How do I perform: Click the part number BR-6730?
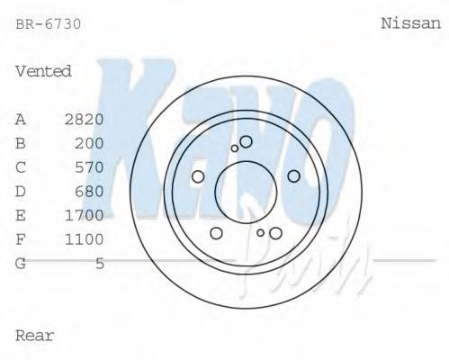[x=49, y=24]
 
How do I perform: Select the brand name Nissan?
[x=411, y=24]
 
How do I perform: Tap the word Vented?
[x=43, y=71]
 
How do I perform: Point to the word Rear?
[x=35, y=336]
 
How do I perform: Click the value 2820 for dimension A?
[x=85, y=119]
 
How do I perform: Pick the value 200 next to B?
[x=90, y=143]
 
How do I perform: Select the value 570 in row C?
[x=90, y=167]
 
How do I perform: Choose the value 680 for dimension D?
[x=90, y=191]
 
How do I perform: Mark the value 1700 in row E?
[x=85, y=215]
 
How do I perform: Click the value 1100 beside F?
[x=85, y=239]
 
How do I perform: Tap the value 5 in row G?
[x=100, y=264]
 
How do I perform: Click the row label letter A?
[x=21, y=119]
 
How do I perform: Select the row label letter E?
[x=21, y=215]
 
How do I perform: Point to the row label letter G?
[x=21, y=264]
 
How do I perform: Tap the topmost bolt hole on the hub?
[x=246, y=141]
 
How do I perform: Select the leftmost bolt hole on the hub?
[x=198, y=176]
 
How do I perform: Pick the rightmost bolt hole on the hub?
[x=293, y=176]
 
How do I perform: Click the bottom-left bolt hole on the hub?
[x=216, y=233]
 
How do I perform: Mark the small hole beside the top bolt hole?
[x=235, y=148]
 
